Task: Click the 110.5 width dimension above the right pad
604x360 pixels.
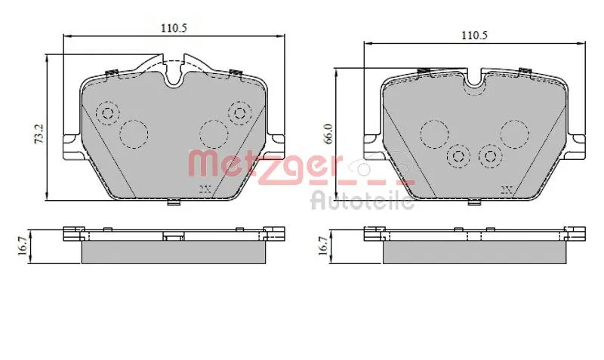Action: click(474, 35)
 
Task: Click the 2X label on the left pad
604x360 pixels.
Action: click(204, 189)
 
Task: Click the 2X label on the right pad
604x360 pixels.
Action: click(506, 189)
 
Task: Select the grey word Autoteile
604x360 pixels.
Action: click(363, 200)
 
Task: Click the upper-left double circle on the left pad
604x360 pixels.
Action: click(107, 114)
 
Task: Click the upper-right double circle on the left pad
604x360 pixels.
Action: click(241, 113)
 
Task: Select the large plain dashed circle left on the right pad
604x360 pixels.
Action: click(434, 134)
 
